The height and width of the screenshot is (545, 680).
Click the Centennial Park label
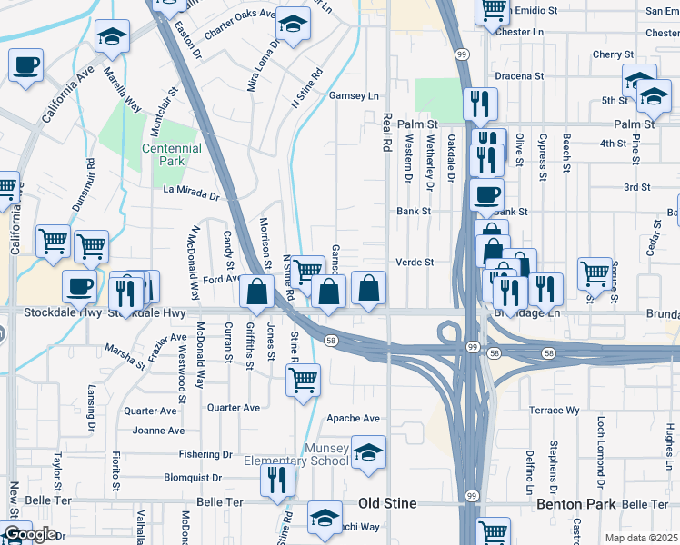(171, 154)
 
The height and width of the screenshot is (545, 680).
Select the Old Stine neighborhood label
(387, 503)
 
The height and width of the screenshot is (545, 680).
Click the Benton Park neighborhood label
(576, 503)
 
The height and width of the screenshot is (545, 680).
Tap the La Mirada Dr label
(192, 193)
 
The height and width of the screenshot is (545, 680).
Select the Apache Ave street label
(353, 419)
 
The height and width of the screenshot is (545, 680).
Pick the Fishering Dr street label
(205, 454)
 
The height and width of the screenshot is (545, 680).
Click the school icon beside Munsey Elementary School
(367, 451)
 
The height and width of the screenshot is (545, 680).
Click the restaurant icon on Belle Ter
(278, 480)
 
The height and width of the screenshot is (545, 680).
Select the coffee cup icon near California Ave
(26, 64)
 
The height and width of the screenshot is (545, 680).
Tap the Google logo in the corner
(29, 534)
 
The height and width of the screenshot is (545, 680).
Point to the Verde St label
(415, 263)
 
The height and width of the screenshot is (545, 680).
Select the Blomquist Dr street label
(193, 478)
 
